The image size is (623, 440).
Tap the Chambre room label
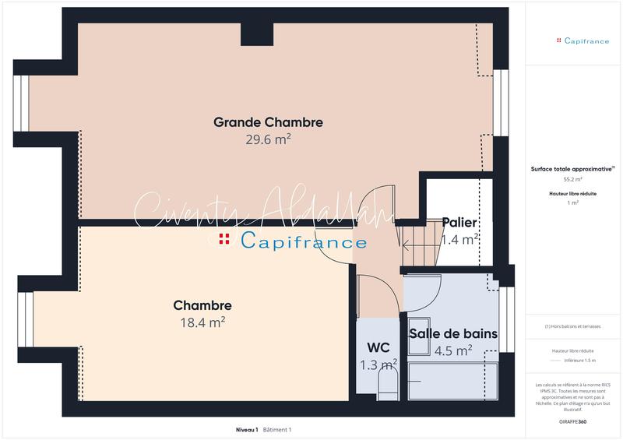coord(202,305)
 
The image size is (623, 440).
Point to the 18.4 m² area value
coord(202,321)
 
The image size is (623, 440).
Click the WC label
coord(378,348)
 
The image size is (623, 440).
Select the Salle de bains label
coord(453,333)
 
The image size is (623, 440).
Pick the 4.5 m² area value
coord(453,350)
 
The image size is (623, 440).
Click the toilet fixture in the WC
coord(387,382)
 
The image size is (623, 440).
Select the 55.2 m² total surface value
coord(572,178)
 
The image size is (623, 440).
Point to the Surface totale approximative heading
coord(572,168)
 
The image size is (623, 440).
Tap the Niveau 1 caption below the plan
coord(247,430)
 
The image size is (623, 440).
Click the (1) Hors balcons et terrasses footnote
coord(572,326)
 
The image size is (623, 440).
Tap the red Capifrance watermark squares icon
coord(224,239)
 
